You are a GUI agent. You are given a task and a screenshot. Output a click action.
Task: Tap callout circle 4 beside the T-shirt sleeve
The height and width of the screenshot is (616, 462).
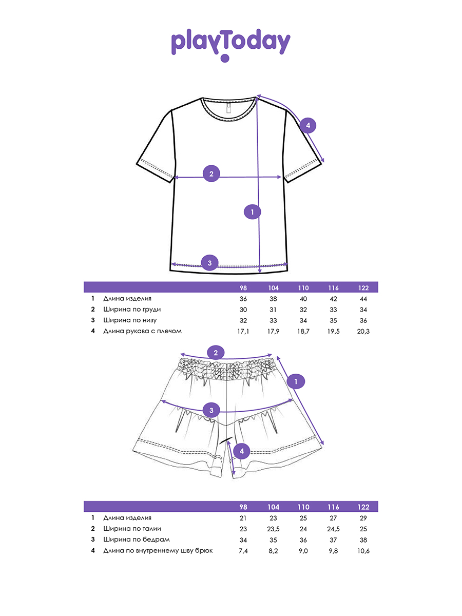[307, 125]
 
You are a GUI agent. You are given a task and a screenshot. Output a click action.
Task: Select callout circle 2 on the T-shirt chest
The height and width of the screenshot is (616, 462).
[211, 174]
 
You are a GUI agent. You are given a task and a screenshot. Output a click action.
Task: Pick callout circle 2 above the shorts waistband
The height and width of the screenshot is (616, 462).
[216, 353]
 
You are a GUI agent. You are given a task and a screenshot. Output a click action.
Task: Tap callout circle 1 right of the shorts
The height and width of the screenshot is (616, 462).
[296, 381]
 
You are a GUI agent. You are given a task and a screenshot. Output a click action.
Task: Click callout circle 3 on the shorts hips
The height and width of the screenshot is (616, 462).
[211, 410]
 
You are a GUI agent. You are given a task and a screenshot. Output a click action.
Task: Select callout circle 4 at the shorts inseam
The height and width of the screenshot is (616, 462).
[242, 451]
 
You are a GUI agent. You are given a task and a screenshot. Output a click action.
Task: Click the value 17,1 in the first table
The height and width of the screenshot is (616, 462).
[243, 331]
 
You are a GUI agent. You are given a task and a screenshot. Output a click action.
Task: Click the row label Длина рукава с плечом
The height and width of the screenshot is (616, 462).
[143, 331]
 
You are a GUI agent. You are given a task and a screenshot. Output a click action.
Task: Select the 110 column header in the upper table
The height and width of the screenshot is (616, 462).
[303, 288]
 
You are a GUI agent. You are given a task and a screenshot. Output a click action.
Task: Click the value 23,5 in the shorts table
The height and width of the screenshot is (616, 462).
[273, 529]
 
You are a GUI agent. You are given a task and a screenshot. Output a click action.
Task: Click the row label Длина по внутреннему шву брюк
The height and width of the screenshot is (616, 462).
[158, 551]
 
